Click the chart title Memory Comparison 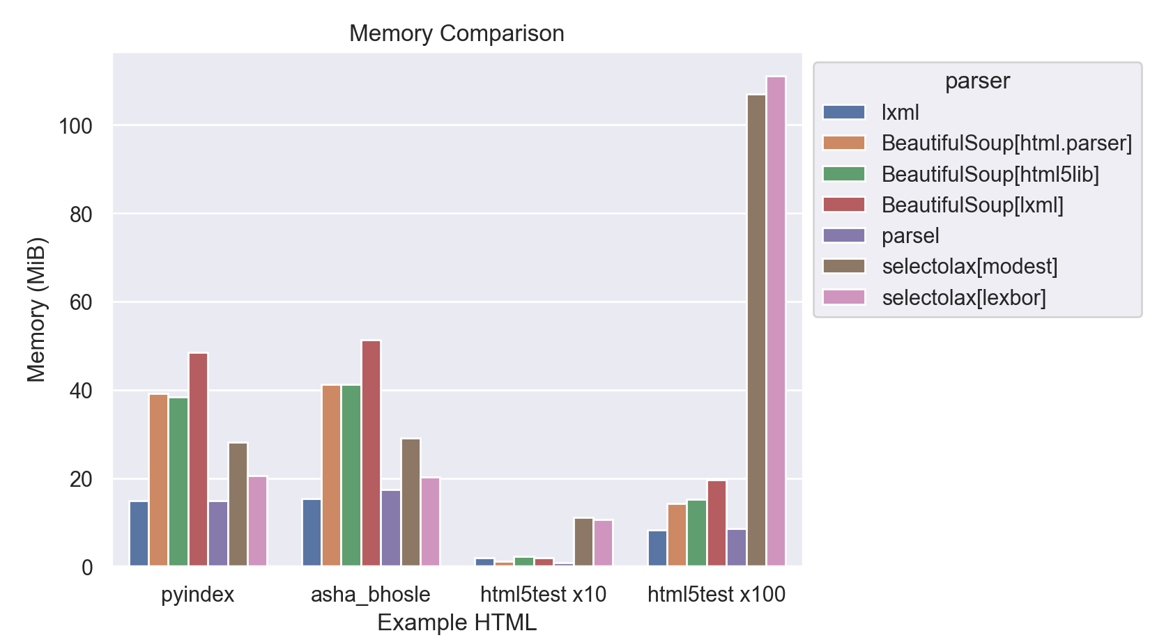click(x=457, y=33)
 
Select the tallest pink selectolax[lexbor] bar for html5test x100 click(x=776, y=320)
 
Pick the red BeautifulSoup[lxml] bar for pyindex click(x=198, y=460)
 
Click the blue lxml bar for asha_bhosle click(x=312, y=533)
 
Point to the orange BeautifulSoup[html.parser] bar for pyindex click(x=158, y=480)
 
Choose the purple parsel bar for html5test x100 click(x=737, y=548)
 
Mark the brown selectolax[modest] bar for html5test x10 click(x=583, y=542)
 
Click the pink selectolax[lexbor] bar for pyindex click(x=258, y=521)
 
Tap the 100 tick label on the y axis click(x=75, y=126)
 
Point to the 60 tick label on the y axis click(x=81, y=302)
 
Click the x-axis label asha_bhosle click(x=370, y=595)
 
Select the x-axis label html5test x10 click(x=543, y=595)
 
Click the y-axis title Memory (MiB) click(x=36, y=310)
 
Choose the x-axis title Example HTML click(x=457, y=623)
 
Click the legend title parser click(x=977, y=81)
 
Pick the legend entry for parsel click(x=910, y=236)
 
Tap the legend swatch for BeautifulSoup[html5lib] click(x=844, y=174)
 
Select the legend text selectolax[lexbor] click(x=964, y=298)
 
